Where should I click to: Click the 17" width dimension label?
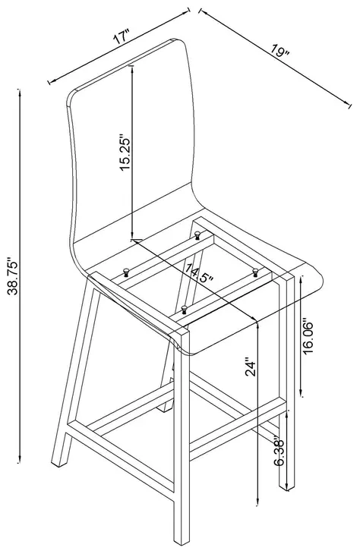pos(122,36)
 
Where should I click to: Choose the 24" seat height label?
pos(251,368)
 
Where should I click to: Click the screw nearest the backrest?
pos(197,234)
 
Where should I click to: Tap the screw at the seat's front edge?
pos(184,309)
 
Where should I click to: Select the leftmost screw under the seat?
pos(126,272)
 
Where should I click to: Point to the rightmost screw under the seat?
pos(255,272)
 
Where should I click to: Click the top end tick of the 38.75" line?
pos(19,90)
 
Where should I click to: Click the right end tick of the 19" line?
pos(350,105)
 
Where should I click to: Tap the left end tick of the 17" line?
pos(49,82)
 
